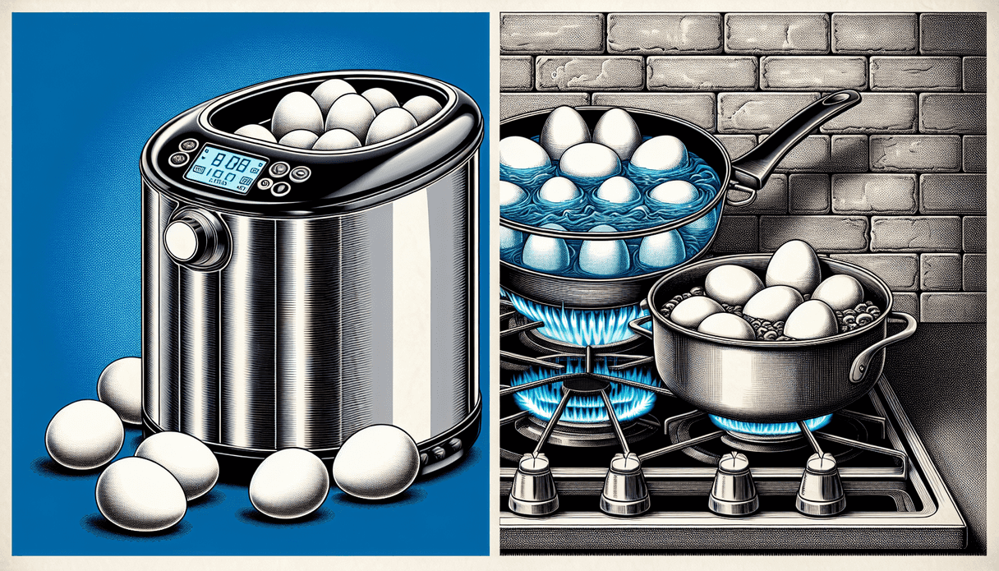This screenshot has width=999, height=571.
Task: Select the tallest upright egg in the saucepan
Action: point(792,267)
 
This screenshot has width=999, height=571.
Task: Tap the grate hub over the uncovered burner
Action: point(585,384)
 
